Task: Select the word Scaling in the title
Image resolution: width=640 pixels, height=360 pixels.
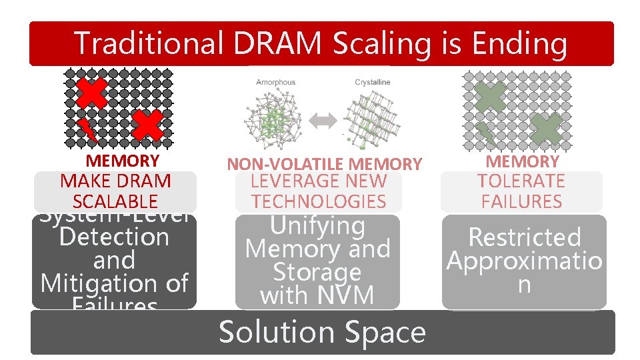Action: (397, 43)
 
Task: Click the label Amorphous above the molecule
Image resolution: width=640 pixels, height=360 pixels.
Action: (275, 83)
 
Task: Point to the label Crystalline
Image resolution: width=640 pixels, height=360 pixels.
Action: (373, 83)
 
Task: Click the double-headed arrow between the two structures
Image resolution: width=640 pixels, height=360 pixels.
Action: (324, 121)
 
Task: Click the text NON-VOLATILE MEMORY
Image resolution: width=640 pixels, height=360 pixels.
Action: (325, 164)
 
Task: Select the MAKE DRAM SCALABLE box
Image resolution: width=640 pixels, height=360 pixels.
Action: (115, 191)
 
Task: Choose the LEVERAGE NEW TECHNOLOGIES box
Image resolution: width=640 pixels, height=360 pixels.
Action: (319, 191)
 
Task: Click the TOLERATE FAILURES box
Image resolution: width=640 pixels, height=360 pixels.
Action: (522, 191)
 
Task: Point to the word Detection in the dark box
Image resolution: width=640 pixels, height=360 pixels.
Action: (114, 237)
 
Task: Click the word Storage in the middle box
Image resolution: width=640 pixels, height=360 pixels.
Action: (317, 272)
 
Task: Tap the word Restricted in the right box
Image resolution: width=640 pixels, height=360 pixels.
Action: (524, 237)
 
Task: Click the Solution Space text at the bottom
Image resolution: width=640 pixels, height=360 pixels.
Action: (322, 332)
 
